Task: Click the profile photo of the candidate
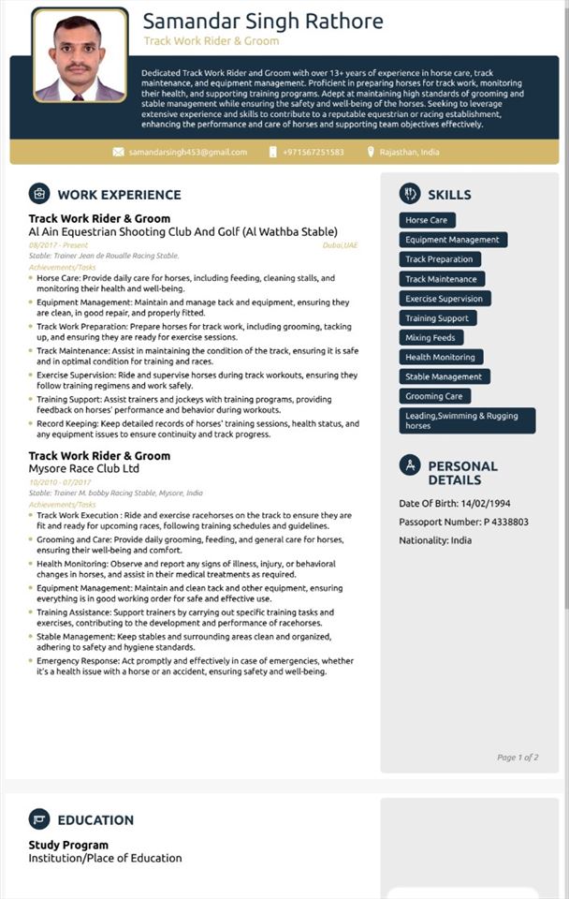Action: click(80, 55)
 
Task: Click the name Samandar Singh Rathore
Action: click(263, 22)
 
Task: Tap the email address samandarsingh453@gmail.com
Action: click(188, 152)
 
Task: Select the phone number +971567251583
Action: click(314, 152)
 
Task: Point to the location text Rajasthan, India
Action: click(410, 152)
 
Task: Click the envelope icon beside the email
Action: click(118, 152)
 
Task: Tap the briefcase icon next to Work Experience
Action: click(39, 194)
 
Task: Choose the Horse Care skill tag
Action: click(427, 220)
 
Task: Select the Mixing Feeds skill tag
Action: click(430, 337)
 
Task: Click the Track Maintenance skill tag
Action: click(441, 279)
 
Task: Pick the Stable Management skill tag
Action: click(444, 376)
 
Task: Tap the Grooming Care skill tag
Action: click(434, 396)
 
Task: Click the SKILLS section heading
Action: click(449, 195)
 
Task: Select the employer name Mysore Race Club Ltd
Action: click(84, 468)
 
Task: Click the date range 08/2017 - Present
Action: click(58, 245)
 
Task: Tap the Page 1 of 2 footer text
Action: click(518, 757)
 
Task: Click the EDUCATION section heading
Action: click(95, 820)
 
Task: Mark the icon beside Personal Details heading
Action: click(410, 465)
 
